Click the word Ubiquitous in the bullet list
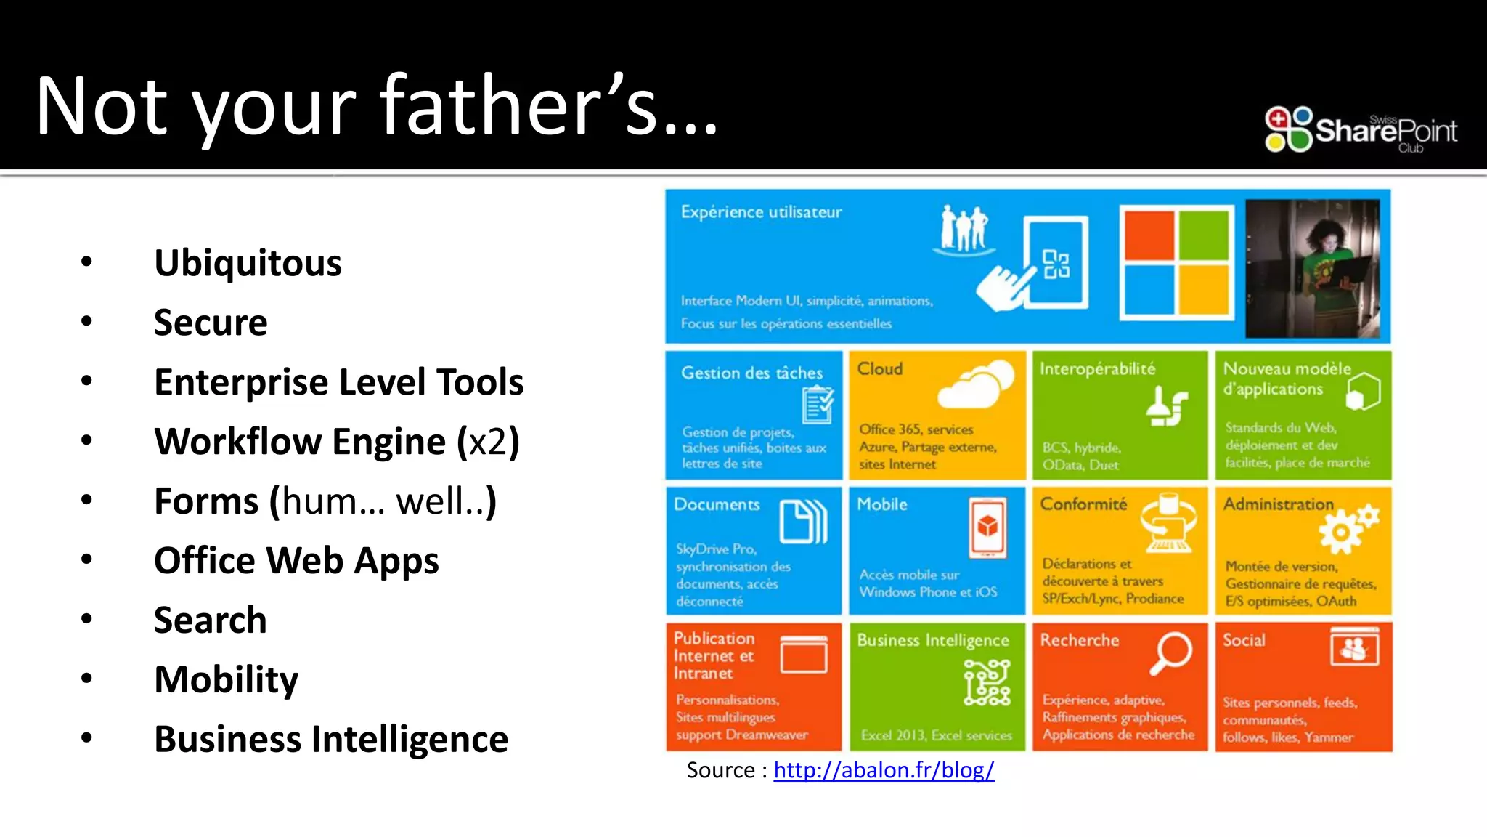248,263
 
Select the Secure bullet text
211,323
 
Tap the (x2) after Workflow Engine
488,442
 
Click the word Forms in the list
206,501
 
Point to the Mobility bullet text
226,680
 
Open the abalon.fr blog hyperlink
884,770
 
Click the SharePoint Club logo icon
1289,129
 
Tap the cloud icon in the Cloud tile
976,384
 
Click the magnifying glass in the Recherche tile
1170,652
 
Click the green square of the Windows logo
1204,235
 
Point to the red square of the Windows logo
1149,235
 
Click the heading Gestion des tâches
751,373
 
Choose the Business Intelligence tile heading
933,641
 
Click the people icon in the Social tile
1354,647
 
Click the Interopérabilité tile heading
1097,369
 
